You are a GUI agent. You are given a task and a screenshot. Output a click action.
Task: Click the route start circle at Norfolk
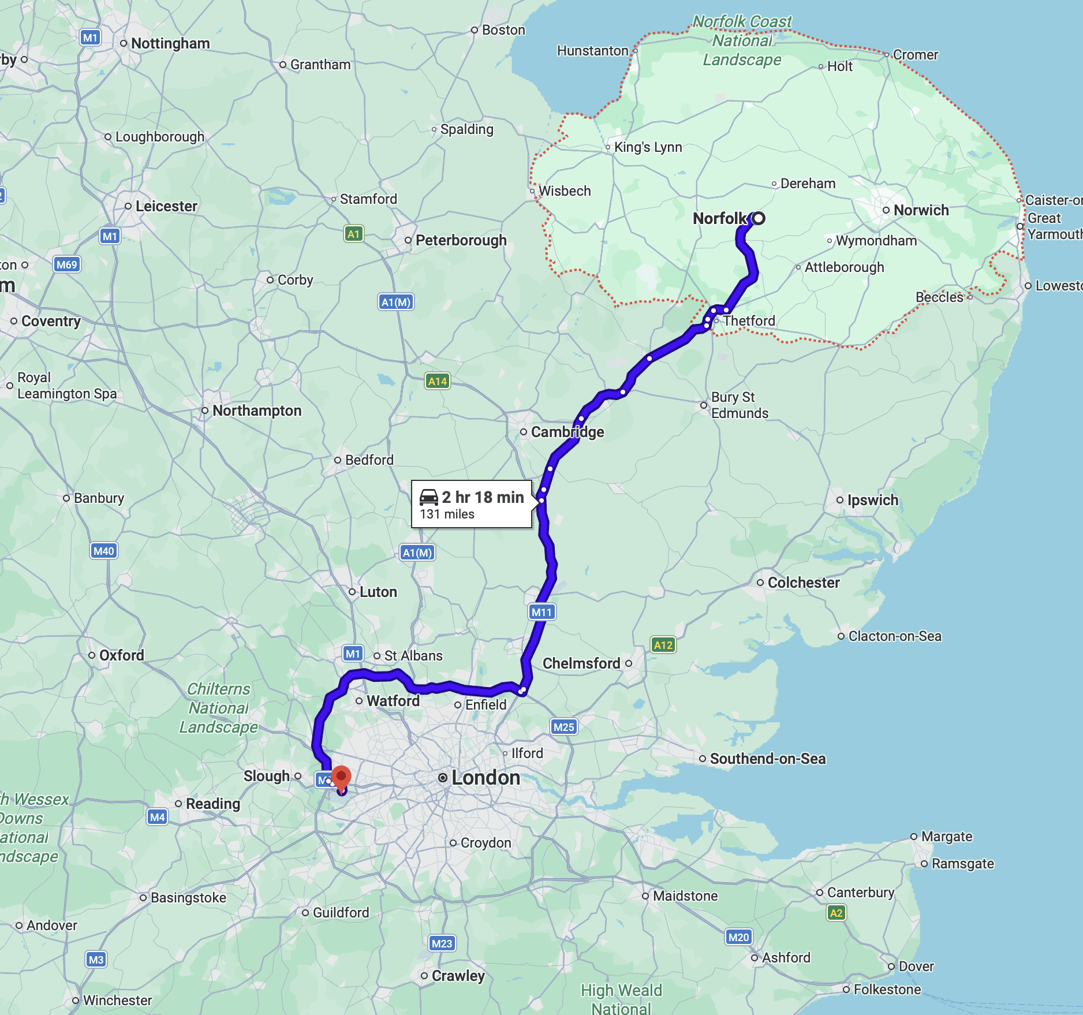tap(759, 218)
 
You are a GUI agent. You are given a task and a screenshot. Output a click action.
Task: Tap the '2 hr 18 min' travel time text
tap(483, 497)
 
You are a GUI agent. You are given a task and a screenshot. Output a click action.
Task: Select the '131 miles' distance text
tap(447, 514)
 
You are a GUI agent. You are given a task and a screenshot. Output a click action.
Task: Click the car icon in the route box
tap(429, 497)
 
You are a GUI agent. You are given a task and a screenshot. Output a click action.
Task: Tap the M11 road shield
tap(541, 612)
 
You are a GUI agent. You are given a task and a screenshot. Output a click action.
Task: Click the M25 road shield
tap(563, 727)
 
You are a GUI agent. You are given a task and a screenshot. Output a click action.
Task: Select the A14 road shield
tap(438, 381)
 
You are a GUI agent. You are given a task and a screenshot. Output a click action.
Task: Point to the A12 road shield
tap(663, 645)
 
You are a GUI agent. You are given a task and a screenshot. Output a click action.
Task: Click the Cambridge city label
tap(567, 432)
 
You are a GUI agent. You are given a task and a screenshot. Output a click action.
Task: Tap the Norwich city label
tap(921, 210)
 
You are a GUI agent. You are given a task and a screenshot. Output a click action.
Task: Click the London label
tap(486, 778)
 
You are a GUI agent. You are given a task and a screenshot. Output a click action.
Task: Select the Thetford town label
tap(749, 320)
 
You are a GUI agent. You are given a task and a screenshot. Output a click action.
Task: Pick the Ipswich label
tap(872, 500)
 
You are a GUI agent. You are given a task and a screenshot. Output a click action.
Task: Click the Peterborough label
tap(461, 240)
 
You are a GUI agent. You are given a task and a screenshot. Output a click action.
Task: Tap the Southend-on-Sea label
tap(767, 759)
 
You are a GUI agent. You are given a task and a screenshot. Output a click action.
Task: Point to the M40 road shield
tap(104, 551)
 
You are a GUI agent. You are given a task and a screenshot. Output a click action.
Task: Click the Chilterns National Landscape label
tap(218, 708)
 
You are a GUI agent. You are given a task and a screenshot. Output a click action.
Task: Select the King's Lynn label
tap(648, 147)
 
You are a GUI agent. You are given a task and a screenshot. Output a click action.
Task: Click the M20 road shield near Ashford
tap(738, 937)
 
